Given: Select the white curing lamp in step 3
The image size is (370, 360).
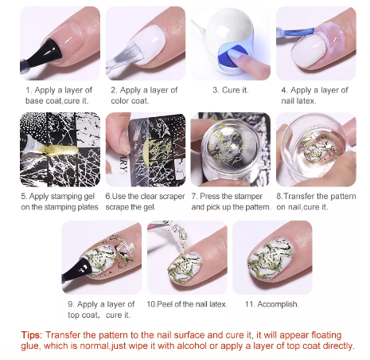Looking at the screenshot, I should [x=231, y=36].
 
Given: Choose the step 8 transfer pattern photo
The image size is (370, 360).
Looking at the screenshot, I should [x=315, y=147].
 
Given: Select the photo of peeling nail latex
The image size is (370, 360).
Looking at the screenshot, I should [x=187, y=256].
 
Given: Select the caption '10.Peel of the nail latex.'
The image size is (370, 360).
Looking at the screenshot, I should [x=187, y=304].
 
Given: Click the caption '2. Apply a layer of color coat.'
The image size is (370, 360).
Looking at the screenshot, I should [x=146, y=96].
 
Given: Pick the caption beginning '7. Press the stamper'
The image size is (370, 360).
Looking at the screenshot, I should [x=231, y=201].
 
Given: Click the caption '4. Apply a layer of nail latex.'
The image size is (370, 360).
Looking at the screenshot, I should [x=315, y=96].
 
